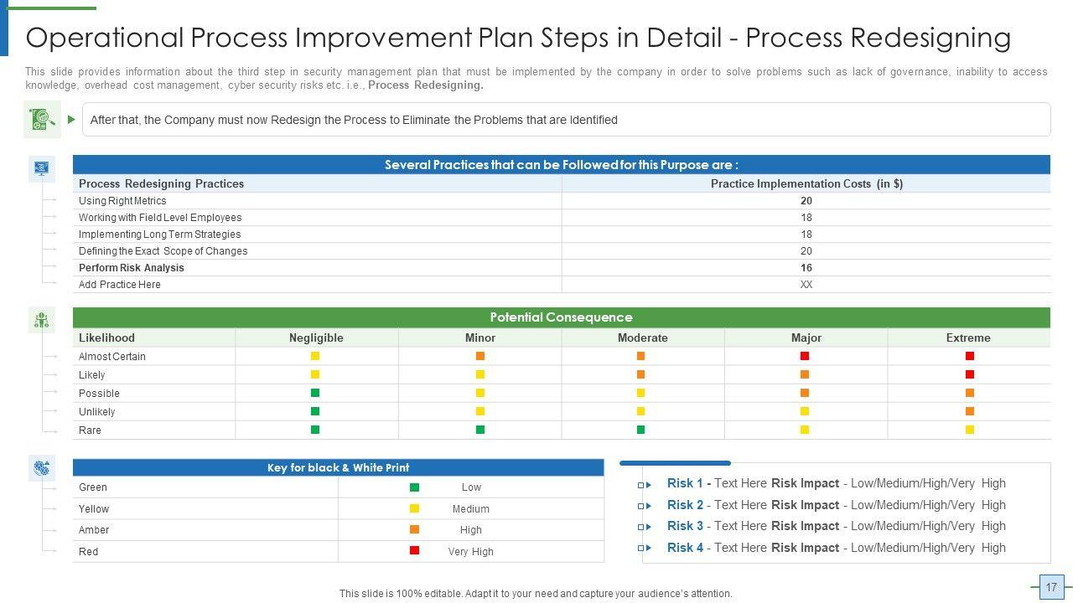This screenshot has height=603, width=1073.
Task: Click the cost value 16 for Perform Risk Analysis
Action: click(806, 267)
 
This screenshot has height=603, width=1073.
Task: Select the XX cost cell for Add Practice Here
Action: click(806, 284)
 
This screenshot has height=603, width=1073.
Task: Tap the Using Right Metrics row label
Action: click(122, 200)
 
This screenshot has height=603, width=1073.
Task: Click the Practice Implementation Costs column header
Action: click(806, 183)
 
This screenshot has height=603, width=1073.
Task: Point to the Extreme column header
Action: click(968, 338)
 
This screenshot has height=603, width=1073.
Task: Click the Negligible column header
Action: click(316, 338)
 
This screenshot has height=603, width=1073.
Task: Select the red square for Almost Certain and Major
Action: click(805, 356)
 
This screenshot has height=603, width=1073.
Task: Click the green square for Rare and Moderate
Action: click(641, 430)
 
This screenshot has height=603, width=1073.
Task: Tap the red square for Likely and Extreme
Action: click(970, 374)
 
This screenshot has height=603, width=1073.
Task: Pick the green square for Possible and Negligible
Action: click(315, 393)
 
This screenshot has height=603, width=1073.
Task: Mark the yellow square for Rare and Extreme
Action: click(970, 430)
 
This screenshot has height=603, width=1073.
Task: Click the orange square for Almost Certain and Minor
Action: click(480, 356)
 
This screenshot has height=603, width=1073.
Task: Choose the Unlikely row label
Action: click(96, 411)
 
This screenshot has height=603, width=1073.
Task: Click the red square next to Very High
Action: click(415, 550)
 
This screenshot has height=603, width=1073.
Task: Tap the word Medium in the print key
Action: click(471, 508)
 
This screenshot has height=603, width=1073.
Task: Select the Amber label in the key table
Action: click(94, 530)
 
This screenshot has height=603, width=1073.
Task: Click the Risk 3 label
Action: click(685, 526)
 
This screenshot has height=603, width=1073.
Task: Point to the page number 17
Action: click(1051, 587)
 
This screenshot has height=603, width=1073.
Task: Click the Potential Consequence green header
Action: click(562, 317)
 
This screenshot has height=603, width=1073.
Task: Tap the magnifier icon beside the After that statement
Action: click(42, 119)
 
